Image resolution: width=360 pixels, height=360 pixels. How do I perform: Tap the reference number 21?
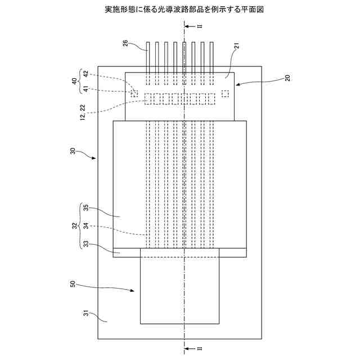(x=237, y=48)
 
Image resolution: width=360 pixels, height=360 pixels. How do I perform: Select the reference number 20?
(x=288, y=78)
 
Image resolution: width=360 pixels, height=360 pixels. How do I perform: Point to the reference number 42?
(x=85, y=74)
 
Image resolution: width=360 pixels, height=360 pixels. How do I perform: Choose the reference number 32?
(x=74, y=226)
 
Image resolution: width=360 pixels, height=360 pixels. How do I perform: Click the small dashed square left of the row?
(x=134, y=93)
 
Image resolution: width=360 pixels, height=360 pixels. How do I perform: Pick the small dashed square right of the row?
(x=225, y=93)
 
